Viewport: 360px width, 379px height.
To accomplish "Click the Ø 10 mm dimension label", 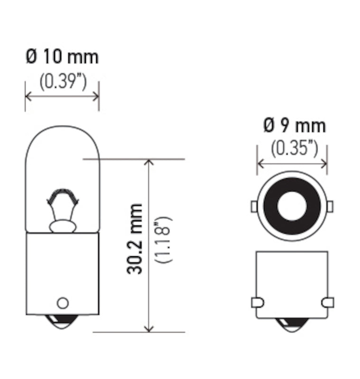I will [x=62, y=57].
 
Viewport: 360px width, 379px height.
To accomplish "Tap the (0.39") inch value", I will [x=62, y=82].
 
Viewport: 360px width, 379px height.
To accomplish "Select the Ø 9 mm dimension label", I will [x=294, y=126].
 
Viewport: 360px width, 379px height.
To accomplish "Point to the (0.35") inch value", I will [x=294, y=149].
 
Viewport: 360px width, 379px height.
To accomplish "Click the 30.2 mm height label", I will [x=135, y=239].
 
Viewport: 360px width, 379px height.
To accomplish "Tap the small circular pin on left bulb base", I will [x=62, y=302].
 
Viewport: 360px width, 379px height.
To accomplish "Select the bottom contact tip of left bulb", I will [x=62, y=324].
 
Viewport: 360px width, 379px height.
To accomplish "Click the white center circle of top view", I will [x=292, y=206].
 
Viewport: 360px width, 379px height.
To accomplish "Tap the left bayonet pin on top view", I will [x=254, y=206].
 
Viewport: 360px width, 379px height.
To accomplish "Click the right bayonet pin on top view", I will [x=330, y=206].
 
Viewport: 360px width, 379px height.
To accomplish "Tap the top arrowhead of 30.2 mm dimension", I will [x=149, y=162].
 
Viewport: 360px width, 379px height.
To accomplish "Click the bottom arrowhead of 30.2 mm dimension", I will [x=149, y=329].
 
